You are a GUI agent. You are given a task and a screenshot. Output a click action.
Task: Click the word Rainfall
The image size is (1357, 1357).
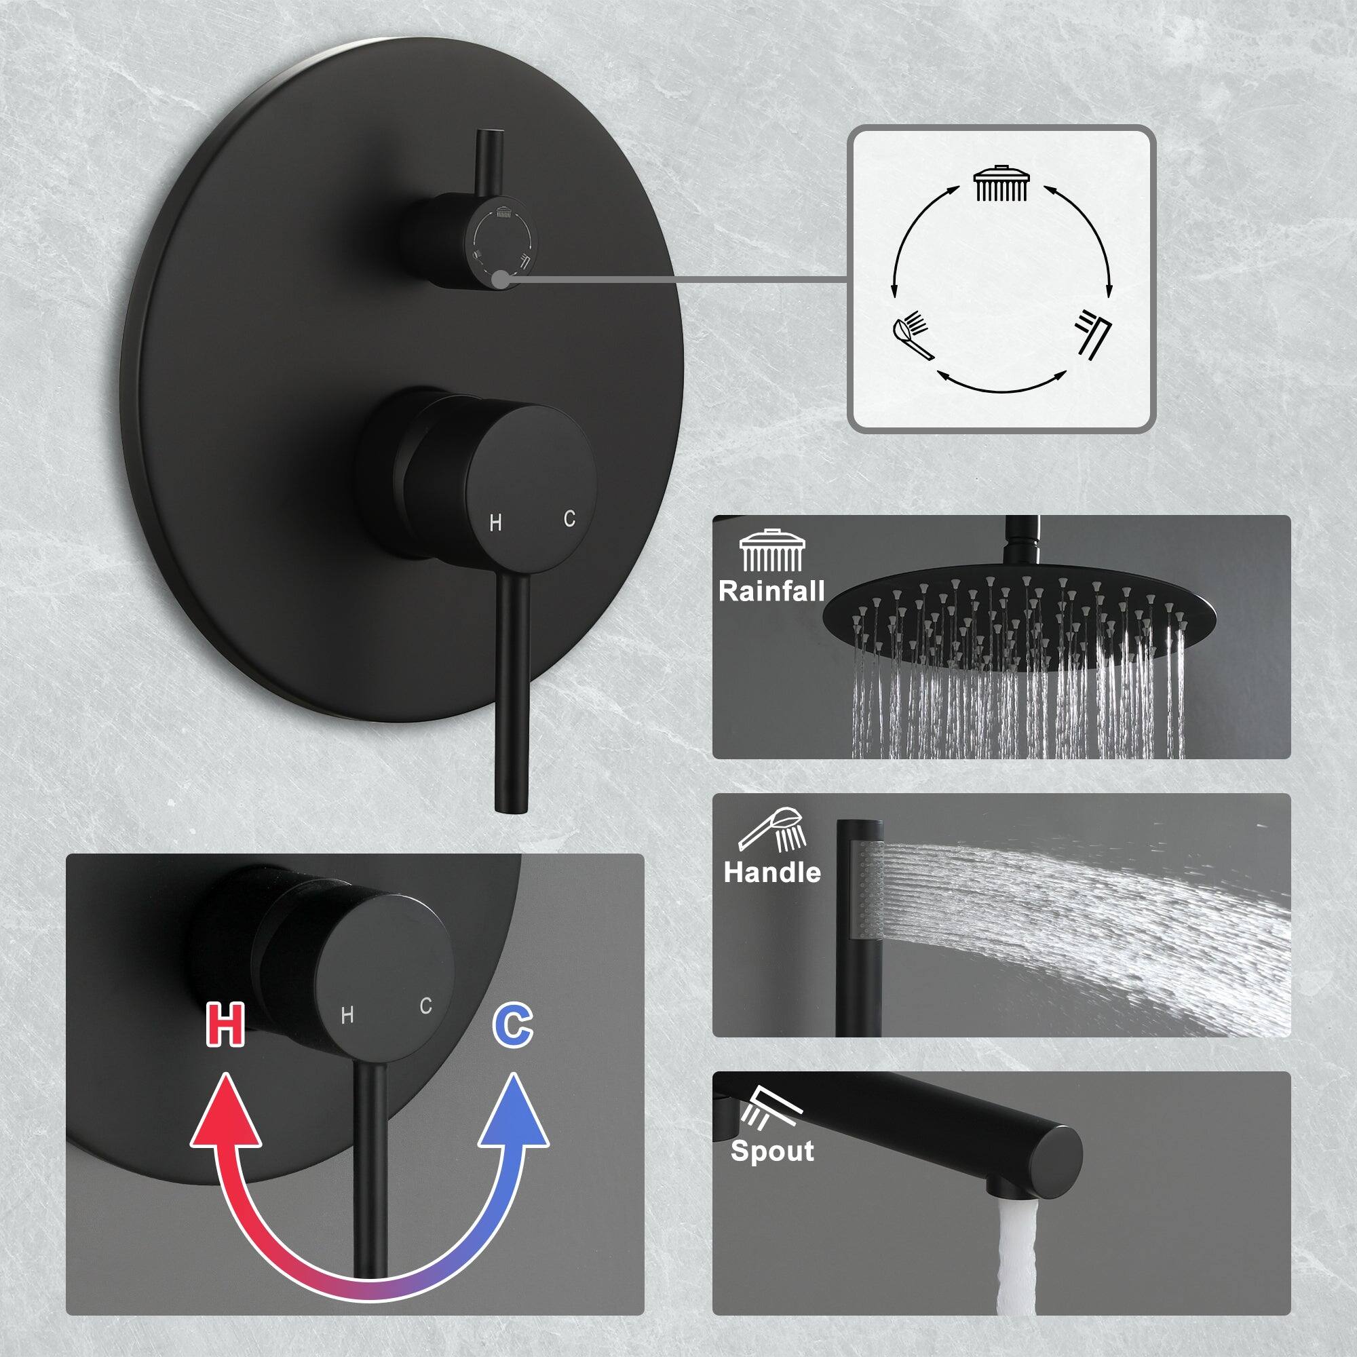click(x=771, y=591)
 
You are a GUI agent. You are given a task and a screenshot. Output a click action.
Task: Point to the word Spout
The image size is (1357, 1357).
click(x=772, y=1151)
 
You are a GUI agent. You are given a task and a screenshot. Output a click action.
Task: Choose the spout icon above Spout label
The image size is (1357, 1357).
click(x=773, y=1109)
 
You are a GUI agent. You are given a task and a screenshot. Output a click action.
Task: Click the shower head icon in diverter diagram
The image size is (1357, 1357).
click(x=1002, y=185)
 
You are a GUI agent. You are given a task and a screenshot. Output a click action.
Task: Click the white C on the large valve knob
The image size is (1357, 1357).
click(x=570, y=518)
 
